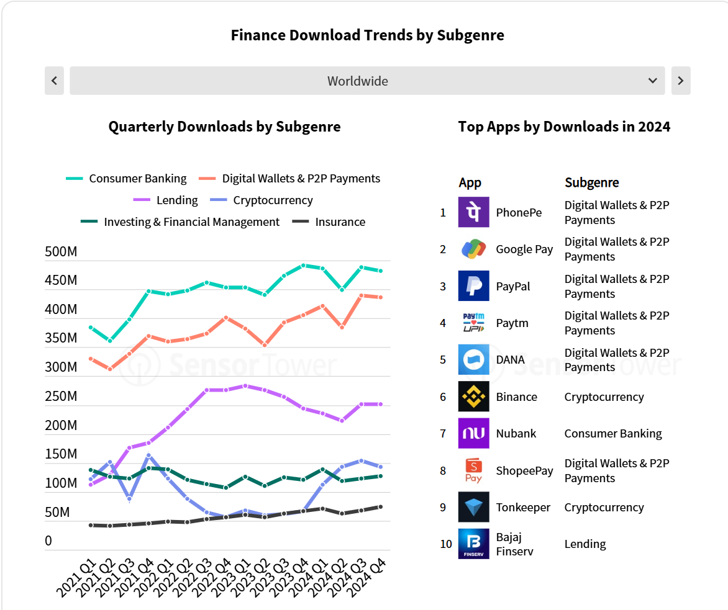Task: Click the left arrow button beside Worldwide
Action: pos(54,81)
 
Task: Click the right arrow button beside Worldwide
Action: pos(681,81)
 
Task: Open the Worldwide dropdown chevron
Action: pos(652,81)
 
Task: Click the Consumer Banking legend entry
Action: pos(126,179)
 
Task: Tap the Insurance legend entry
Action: pos(329,222)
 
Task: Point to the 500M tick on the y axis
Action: pos(61,252)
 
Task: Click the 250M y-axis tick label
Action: pos(61,397)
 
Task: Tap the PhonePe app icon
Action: pos(473,212)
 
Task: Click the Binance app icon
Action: pos(473,397)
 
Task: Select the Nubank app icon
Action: pos(473,433)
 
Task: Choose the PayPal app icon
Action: pos(473,286)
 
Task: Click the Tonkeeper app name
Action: pos(523,508)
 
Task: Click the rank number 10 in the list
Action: pos(446,544)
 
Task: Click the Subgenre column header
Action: pos(591,182)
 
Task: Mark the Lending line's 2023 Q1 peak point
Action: pos(245,386)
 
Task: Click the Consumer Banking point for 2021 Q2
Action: pos(110,341)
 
